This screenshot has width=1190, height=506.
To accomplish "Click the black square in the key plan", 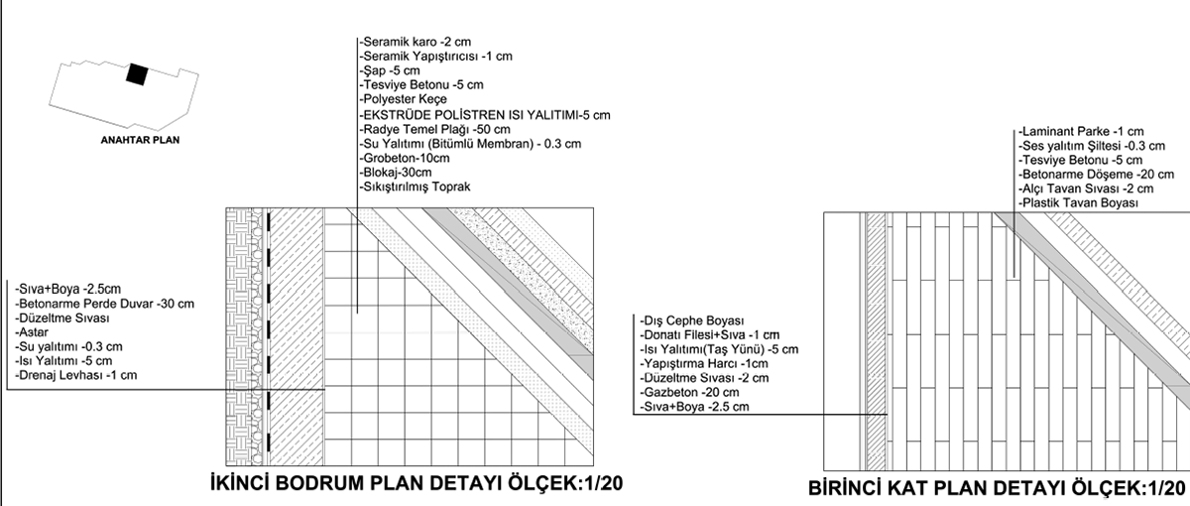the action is click(x=136, y=75).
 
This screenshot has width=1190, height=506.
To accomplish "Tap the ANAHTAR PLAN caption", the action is click(x=140, y=141).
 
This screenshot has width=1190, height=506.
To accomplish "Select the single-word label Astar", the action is click(x=33, y=331).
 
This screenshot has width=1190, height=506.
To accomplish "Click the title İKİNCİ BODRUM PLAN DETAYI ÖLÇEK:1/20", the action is click(x=416, y=483).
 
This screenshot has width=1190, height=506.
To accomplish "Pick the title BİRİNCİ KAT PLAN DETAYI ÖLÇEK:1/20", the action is click(x=996, y=488).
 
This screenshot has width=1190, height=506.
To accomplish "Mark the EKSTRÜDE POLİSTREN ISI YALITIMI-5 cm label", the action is click(x=485, y=115).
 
